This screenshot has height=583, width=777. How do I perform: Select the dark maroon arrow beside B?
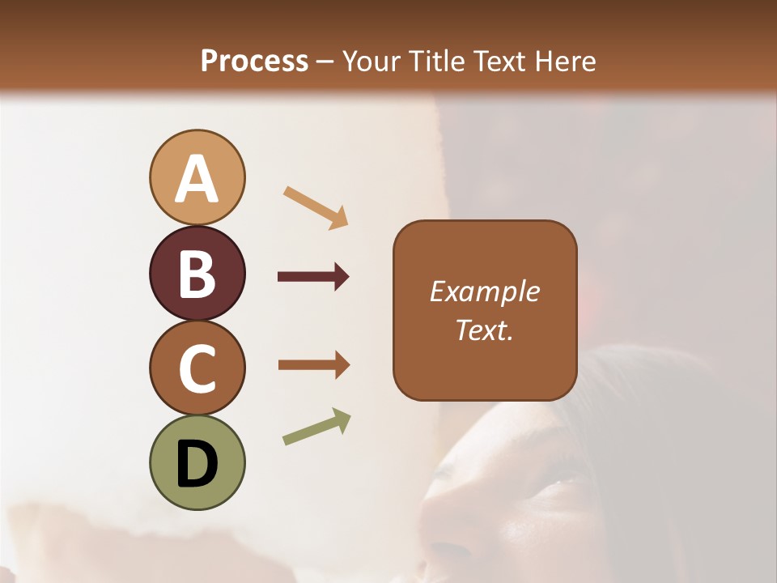click(313, 277)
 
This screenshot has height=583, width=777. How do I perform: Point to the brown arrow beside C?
click(313, 365)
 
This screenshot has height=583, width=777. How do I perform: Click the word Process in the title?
click(254, 62)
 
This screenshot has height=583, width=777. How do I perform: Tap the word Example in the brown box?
click(484, 291)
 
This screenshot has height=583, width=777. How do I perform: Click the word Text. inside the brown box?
click(484, 330)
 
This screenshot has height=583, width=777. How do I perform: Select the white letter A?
click(197, 179)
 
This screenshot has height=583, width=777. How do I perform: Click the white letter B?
click(197, 274)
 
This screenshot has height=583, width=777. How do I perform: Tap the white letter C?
click(197, 368)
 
